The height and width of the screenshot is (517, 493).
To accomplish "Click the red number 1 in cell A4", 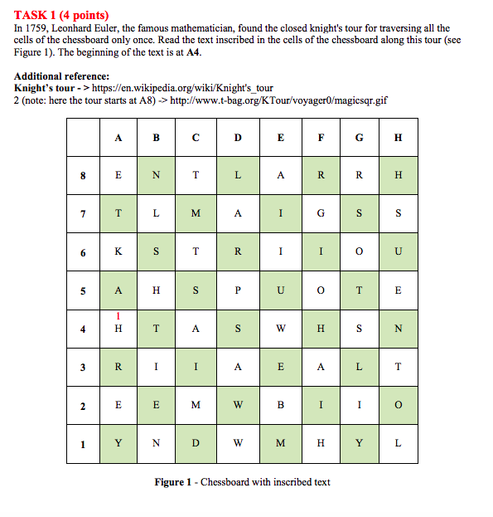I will [x=118, y=316].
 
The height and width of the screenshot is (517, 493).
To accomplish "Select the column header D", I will [x=238, y=138].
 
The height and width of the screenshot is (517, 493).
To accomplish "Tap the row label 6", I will [x=83, y=252].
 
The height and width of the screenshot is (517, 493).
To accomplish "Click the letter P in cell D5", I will [x=238, y=290].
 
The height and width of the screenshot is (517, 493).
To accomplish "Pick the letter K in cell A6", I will [x=118, y=252].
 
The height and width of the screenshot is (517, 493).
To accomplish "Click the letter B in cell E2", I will [x=280, y=405].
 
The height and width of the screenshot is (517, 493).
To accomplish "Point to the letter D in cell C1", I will [x=196, y=442].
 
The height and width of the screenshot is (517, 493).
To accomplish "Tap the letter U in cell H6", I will [x=399, y=252].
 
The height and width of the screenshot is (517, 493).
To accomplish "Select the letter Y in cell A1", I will [x=118, y=442].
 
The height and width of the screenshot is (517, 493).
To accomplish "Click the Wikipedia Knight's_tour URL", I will [x=182, y=88].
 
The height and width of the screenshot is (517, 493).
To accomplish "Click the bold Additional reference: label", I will [x=62, y=76].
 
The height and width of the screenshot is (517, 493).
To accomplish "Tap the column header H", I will [x=399, y=138].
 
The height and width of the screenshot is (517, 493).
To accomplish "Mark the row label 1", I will [x=83, y=442].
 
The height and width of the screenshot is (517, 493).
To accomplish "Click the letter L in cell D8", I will [x=238, y=176].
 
